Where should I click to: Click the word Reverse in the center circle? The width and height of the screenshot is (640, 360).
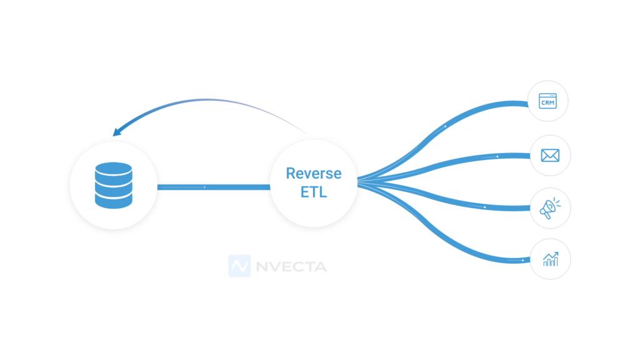[314, 173]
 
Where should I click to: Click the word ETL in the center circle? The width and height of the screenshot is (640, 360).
[314, 192]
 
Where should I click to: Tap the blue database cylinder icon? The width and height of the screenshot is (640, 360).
[114, 185]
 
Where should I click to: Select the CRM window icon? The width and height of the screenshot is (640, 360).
[547, 101]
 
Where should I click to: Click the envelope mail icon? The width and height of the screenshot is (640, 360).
[550, 155]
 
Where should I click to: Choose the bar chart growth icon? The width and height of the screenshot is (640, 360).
[551, 258]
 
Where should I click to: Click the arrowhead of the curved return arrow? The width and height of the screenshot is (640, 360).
[116, 132]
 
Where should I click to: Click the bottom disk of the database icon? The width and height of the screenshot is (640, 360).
[114, 200]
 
